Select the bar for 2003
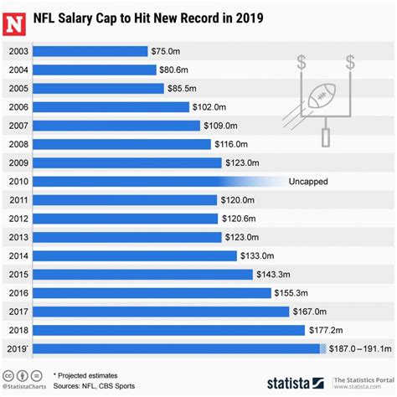(91, 52)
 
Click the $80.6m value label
(177, 70)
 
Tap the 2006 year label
(18, 107)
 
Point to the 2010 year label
(18, 181)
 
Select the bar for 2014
(133, 255)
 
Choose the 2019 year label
(18, 348)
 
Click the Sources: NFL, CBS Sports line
(97, 386)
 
